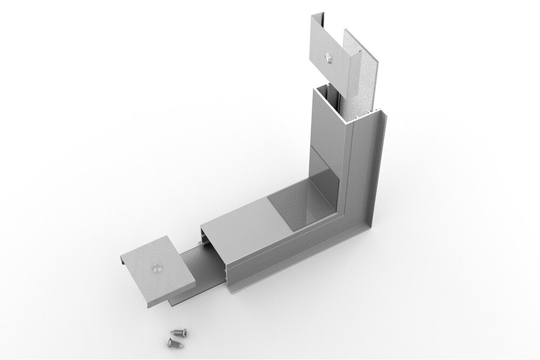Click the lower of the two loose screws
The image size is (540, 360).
(174, 341)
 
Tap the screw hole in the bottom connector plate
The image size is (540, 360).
(155, 267)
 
